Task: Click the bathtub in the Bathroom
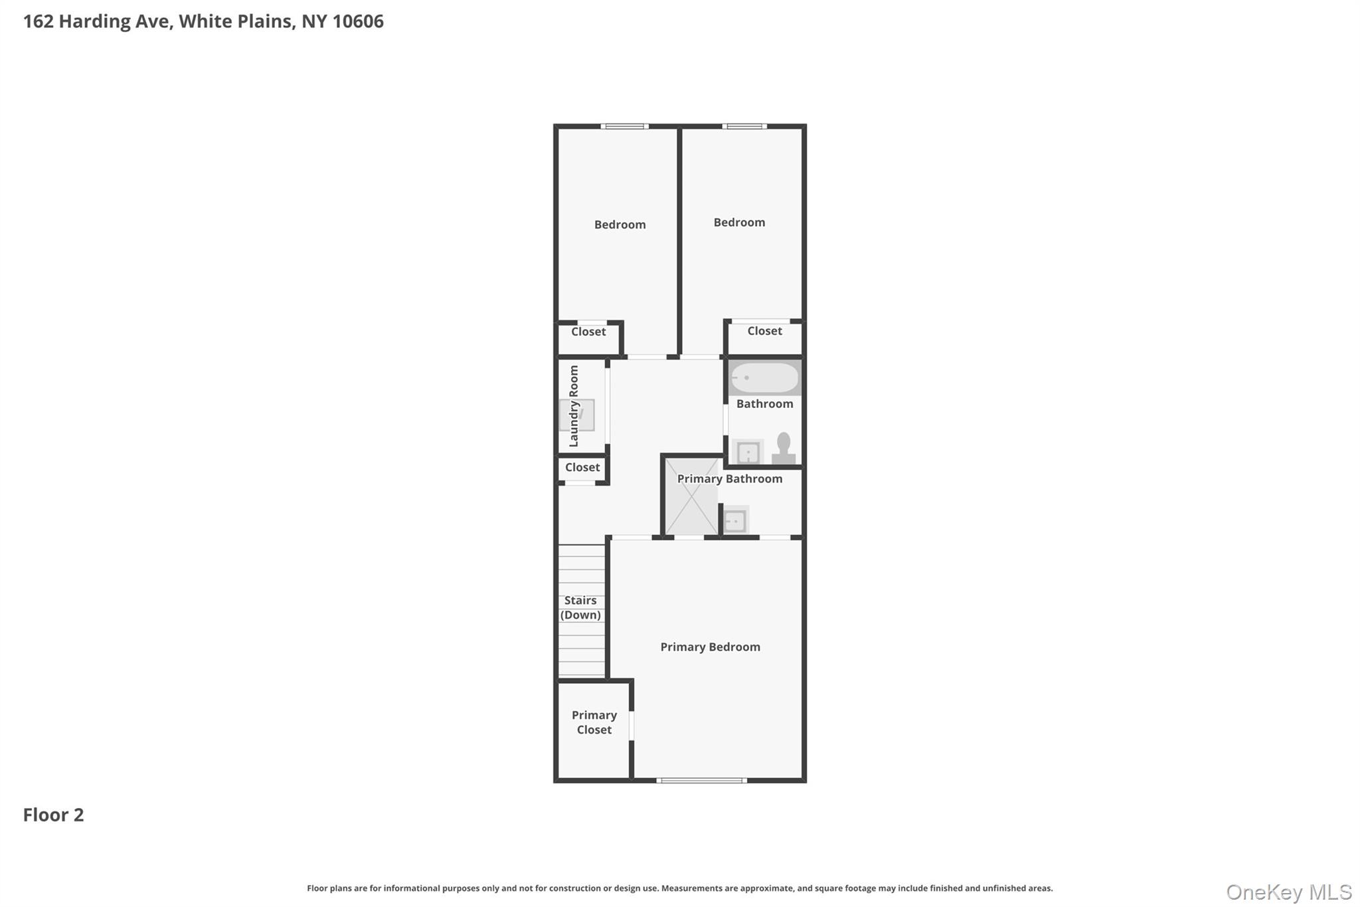[764, 377]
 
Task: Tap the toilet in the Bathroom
[784, 449]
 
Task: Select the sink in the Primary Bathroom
[735, 521]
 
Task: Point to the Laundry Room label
[574, 406]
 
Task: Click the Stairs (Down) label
[580, 607]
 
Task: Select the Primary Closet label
[594, 722]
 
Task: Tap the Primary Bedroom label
[710, 647]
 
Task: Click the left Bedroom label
[620, 225]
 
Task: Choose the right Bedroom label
[739, 223]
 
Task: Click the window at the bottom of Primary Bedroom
[701, 780]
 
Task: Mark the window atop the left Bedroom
[624, 126]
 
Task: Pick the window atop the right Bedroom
[744, 126]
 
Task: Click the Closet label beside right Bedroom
[764, 331]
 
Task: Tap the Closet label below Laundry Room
[582, 467]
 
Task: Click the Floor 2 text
[53, 815]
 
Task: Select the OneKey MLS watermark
[1288, 892]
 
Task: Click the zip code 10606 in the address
[358, 21]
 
